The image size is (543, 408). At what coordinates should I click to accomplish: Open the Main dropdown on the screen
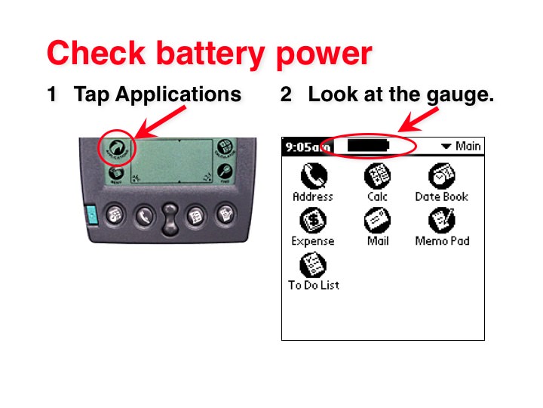[461, 146]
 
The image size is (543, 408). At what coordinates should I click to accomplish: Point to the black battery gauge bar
[362, 145]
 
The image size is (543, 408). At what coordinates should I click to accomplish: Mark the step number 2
[286, 95]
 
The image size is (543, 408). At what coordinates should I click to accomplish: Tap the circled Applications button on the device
[117, 148]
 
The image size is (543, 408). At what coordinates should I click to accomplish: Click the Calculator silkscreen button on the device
[225, 148]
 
